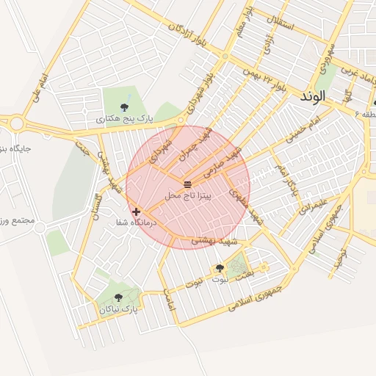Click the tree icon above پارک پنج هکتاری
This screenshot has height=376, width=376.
tap(122, 106)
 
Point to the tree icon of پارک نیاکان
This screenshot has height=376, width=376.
tap(119, 298)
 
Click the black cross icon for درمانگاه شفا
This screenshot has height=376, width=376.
tap(136, 211)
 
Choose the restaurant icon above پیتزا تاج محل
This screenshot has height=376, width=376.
tap(188, 184)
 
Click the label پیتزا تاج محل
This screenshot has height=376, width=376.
tap(189, 195)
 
